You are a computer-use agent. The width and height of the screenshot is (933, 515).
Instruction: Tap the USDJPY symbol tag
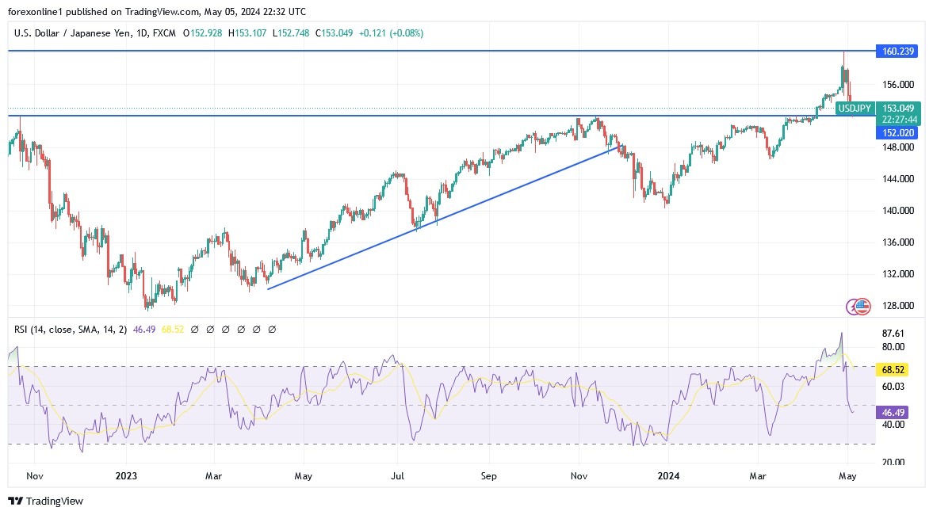pos(855,108)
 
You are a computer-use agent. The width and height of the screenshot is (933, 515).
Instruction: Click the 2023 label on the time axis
pos(126,477)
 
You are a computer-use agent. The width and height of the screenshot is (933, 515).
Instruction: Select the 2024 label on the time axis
pos(668,477)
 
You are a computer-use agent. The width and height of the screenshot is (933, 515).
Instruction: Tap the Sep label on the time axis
pos(488,477)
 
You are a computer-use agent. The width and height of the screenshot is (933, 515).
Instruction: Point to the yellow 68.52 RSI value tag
pos(893,369)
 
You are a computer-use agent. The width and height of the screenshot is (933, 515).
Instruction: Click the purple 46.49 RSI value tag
pos(893,412)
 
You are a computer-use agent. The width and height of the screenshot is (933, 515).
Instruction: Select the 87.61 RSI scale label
pos(893,334)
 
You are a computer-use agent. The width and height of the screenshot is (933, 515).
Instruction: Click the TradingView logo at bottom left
pos(46,501)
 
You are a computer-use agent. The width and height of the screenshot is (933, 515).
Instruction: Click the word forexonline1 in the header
pos(34,12)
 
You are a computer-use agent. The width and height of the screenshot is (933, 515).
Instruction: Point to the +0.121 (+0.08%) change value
pos(391,33)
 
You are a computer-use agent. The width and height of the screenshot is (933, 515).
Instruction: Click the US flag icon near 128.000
pos(863,306)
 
